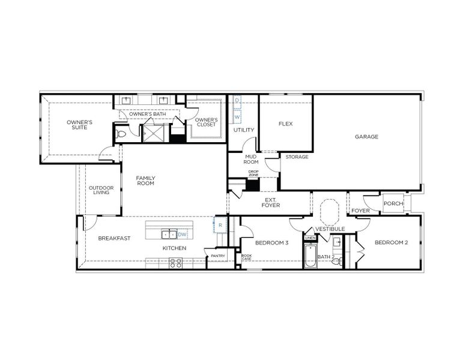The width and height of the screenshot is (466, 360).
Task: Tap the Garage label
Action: (366, 137)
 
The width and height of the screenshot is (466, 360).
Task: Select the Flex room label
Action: (285, 124)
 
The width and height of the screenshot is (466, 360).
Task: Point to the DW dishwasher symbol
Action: (183, 234)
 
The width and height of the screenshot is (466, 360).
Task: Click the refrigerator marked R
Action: (220, 225)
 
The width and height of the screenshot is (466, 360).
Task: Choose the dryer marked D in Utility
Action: (237, 100)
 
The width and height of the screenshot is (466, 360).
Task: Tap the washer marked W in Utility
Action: (237, 116)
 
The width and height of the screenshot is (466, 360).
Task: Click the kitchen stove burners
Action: (175, 262)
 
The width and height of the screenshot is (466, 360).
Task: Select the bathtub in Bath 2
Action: (310, 257)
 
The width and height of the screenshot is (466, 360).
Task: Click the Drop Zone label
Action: (253, 173)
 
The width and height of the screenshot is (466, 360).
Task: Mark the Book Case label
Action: (246, 258)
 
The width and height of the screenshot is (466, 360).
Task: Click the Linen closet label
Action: (310, 238)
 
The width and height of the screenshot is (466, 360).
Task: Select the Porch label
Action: (393, 203)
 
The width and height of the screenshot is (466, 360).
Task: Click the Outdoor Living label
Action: (101, 190)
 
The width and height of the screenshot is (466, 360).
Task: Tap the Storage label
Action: (297, 157)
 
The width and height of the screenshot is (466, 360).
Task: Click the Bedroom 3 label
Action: (271, 243)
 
